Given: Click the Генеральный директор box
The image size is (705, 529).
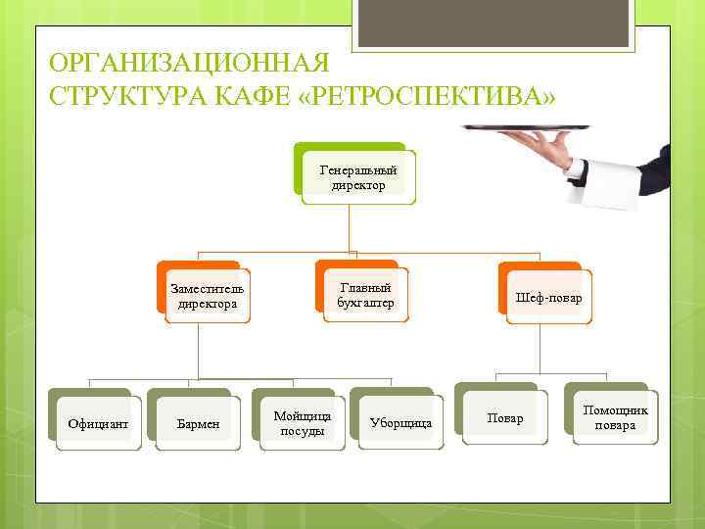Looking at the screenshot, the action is click(357, 177).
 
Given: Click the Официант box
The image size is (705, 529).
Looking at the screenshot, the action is click(98, 424).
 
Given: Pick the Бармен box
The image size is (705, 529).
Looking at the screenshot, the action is click(197, 424).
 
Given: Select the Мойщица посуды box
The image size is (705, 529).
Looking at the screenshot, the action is click(303, 424).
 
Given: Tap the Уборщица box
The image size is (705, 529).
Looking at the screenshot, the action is click(400, 424).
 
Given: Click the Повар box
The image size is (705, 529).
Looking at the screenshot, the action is click(505, 418).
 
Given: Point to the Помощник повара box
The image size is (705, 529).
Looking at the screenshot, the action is click(615, 418).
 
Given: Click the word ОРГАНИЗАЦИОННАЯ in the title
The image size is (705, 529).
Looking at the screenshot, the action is click(187, 65).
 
